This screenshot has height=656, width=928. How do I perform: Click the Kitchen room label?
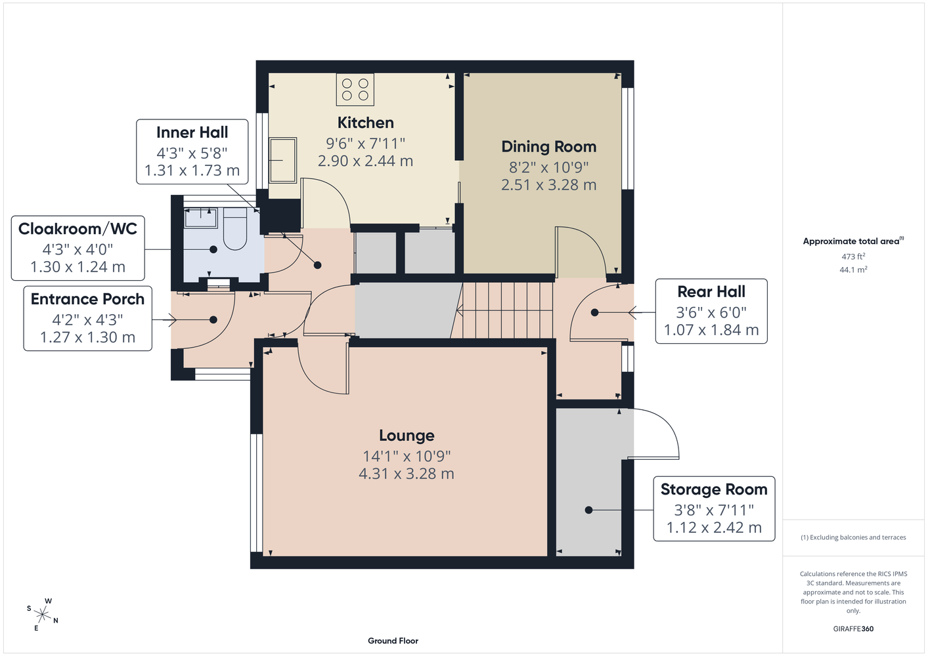tap(365, 123)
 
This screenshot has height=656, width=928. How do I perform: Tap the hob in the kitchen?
tap(355, 89)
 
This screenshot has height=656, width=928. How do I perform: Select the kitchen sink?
tap(283, 160)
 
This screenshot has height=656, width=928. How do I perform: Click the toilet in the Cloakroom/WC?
tap(235, 229)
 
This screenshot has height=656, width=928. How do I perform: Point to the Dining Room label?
tap(548, 146)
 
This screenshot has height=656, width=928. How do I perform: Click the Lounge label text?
tap(407, 436)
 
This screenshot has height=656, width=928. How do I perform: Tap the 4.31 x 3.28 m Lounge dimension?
tap(407, 474)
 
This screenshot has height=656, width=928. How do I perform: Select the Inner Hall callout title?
tap(192, 133)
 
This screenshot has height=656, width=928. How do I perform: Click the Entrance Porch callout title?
tap(87, 299)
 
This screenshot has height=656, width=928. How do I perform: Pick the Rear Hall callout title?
tap(711, 291)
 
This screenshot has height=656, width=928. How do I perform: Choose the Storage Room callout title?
tap(714, 489)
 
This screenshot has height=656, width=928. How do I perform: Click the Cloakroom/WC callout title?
tap(77, 228)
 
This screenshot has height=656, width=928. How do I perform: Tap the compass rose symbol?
tap(42, 615)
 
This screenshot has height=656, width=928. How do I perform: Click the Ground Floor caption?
tap(393, 641)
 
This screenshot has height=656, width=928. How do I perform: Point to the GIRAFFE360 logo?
tap(853, 628)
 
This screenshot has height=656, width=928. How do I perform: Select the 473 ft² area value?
tap(853, 256)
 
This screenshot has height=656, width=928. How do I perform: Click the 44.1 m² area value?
tap(853, 270)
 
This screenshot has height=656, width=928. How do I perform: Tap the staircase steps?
tap(505, 310)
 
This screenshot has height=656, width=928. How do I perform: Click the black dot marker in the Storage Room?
tap(588, 510)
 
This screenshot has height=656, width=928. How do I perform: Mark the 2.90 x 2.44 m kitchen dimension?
tap(365, 161)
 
